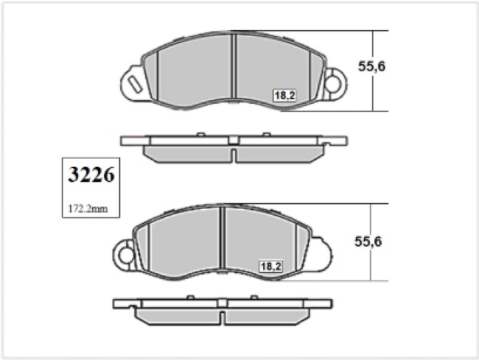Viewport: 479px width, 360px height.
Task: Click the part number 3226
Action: click(91, 174)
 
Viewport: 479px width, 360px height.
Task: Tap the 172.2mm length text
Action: click(88, 209)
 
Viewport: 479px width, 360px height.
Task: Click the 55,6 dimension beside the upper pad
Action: click(371, 66)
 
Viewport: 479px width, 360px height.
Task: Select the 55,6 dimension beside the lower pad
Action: click(368, 241)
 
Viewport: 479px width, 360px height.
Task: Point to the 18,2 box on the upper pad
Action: click(284, 96)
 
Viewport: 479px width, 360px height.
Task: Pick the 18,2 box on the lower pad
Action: click(270, 267)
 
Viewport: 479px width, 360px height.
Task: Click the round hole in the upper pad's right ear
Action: click(332, 83)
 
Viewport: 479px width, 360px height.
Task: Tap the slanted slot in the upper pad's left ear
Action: click(134, 84)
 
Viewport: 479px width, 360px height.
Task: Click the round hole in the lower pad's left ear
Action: click(127, 255)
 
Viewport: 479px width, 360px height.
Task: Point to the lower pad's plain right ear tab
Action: click(321, 254)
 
